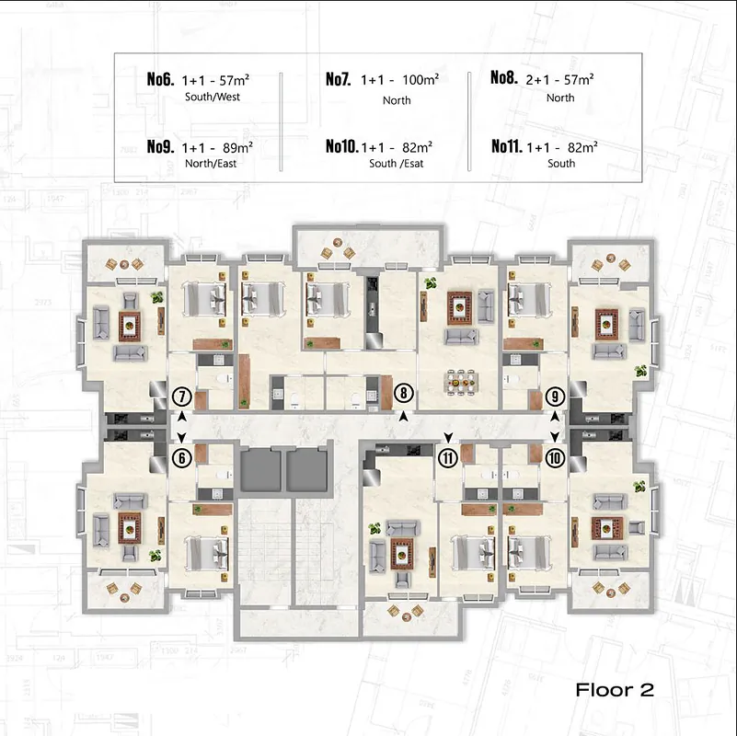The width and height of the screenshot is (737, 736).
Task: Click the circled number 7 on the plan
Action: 182,397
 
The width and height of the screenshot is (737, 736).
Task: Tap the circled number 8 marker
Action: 403,393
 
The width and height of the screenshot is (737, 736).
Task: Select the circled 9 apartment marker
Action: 555,397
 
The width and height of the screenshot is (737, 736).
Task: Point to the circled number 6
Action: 182,458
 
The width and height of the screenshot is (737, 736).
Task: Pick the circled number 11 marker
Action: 448,458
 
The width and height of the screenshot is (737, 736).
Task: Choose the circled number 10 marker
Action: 555,458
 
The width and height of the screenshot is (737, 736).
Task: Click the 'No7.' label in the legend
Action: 339,79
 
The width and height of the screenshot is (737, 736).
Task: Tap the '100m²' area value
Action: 420,79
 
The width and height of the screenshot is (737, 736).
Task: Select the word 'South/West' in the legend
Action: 213,98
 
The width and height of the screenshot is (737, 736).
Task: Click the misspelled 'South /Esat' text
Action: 397,164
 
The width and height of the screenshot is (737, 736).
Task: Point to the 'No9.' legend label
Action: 160,147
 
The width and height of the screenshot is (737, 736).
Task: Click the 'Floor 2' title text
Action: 615,690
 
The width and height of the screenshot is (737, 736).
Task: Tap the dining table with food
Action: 461,382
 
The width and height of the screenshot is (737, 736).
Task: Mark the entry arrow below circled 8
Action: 403,416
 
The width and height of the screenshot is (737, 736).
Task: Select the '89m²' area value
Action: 237,147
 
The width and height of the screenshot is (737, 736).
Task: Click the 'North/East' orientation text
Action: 211,164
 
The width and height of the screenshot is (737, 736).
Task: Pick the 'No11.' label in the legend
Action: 507,146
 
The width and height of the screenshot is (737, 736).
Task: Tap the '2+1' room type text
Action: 537,80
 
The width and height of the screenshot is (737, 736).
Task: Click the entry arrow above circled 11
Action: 448,438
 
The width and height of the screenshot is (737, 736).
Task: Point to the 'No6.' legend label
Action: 160,79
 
